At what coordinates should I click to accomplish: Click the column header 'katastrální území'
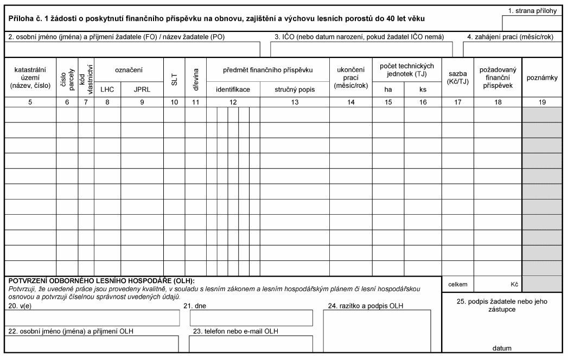tap(30, 78)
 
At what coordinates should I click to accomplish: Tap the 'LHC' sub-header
tap(107, 89)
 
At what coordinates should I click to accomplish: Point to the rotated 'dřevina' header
tap(195, 77)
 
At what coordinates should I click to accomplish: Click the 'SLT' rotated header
tap(174, 77)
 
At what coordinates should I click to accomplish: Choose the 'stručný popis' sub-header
tap(294, 89)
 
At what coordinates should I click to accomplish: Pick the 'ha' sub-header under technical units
tap(388, 89)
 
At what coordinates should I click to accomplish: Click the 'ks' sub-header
tap(423, 89)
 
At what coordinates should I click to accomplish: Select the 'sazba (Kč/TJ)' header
tap(457, 78)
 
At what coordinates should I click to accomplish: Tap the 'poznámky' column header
tap(543, 78)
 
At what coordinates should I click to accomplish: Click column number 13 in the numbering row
tap(294, 101)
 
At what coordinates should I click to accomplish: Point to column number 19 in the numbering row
tap(543, 101)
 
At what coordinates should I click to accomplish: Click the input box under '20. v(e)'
tap(92, 318)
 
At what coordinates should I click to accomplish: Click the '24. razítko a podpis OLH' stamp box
tap(377, 331)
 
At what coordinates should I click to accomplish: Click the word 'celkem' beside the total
tap(458, 284)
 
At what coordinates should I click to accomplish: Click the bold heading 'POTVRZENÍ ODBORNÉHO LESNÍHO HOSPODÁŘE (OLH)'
tap(102, 280)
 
